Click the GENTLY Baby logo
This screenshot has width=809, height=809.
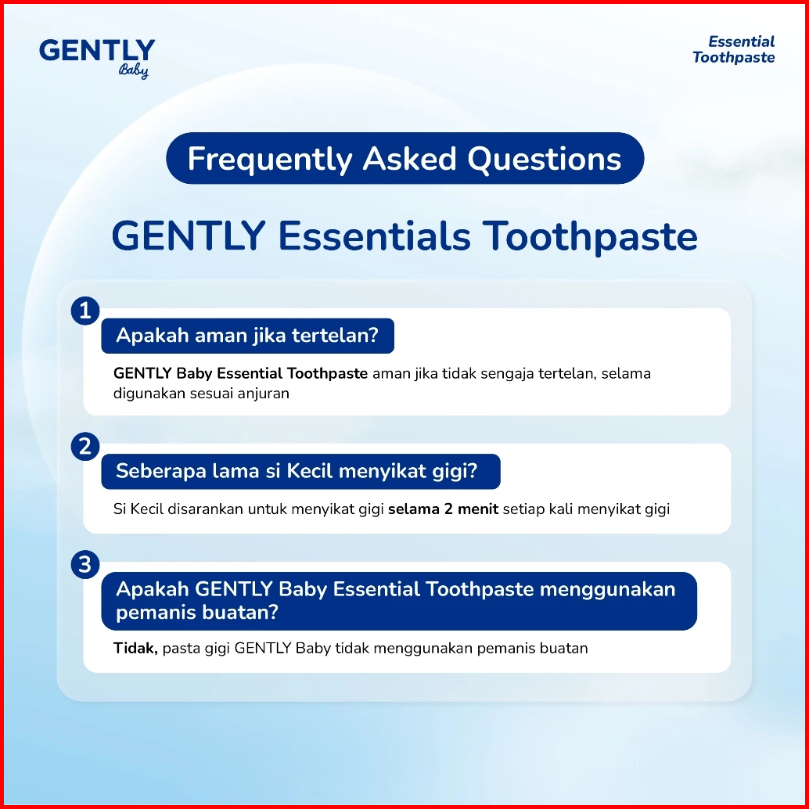pos(97,58)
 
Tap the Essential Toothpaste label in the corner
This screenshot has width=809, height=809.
pos(733,49)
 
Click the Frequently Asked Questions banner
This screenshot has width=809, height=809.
pos(404,158)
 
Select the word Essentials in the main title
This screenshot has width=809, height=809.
pos(374,237)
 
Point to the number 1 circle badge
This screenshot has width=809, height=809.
pos(85,311)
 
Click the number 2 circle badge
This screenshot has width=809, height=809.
pos(85,446)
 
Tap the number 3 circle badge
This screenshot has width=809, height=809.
pos(85,564)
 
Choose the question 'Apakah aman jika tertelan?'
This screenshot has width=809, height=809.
pos(248,336)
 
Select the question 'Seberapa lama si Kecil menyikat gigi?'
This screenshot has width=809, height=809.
pos(300,472)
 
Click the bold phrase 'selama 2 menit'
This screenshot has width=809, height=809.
pos(443,509)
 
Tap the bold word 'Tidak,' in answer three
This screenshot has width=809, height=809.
pos(135,649)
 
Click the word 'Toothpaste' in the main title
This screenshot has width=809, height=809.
pos(591,237)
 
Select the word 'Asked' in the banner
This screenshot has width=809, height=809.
pos(410,159)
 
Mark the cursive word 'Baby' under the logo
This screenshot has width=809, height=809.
pos(134,70)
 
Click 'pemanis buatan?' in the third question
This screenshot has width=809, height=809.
pos(197,613)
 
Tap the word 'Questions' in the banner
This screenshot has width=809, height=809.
pos(545,159)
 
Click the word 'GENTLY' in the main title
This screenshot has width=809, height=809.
pos(189,237)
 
